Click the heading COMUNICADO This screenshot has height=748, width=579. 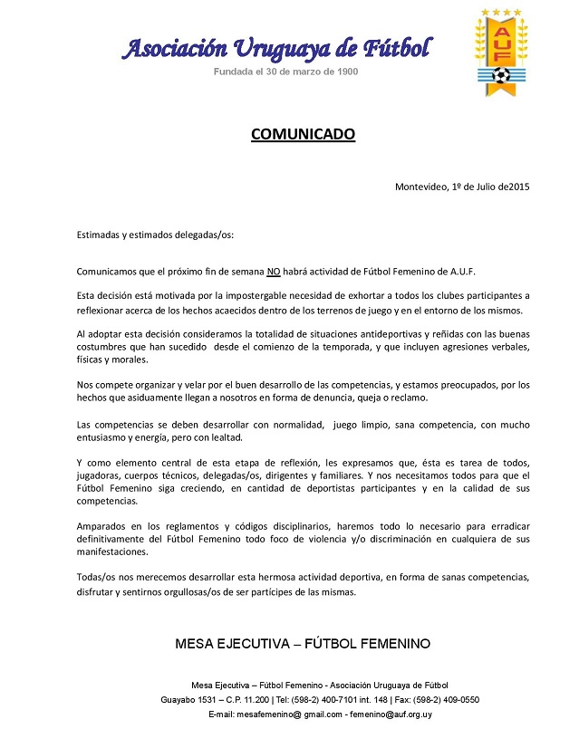point(303,135)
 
